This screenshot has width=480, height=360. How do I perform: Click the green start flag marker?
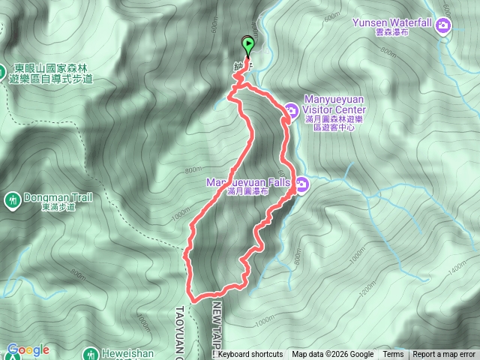coord(248,44)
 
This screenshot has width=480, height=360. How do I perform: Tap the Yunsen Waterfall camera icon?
coord(444,27)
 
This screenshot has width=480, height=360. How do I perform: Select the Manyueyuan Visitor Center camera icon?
coord(290,109)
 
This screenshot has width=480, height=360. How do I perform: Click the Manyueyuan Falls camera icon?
coord(301,184)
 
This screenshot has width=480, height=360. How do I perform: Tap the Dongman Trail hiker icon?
coord(13,199)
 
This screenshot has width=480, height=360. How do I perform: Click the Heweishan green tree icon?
coord(90,354)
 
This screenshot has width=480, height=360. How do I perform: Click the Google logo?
coord(28,349)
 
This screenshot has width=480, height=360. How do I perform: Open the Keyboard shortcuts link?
coord(250,355)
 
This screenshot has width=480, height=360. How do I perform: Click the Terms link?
coord(393,355)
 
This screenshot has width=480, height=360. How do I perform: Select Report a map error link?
coord(444,355)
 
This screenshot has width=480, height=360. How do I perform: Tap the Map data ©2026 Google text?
coord(332,355)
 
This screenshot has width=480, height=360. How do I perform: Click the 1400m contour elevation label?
coord(457,266)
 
